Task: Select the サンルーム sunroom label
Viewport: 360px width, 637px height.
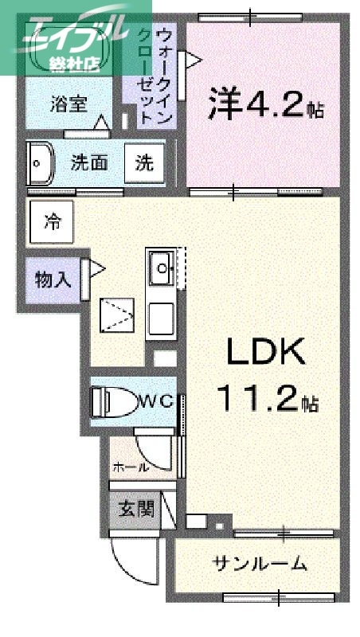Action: (260, 565)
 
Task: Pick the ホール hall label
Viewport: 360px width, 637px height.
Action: (131, 467)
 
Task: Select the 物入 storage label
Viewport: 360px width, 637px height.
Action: (53, 279)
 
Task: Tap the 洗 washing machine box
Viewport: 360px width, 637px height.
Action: (145, 163)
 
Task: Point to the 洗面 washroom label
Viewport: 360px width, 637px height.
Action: (89, 163)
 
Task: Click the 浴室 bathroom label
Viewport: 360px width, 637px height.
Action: (70, 104)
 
